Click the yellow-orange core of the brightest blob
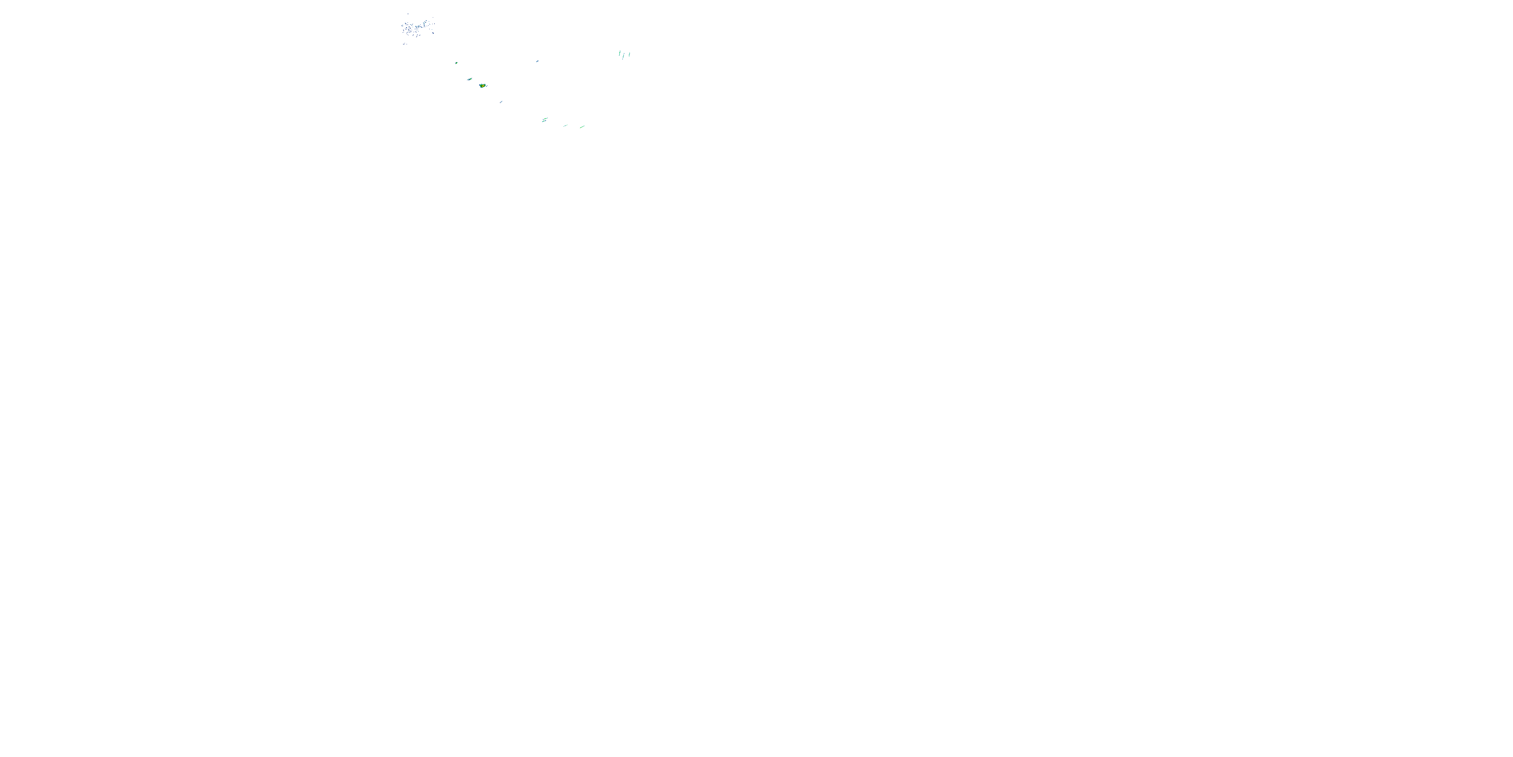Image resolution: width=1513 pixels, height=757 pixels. pos(483,86)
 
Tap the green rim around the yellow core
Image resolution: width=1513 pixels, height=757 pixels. pos(481,86)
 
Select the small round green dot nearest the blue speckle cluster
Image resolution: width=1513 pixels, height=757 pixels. pos(456,64)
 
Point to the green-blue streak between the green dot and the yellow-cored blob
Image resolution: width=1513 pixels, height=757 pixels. pos(470,79)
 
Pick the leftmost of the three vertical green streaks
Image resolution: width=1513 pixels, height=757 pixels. pos(620,53)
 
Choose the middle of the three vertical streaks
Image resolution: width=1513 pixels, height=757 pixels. pos(623,57)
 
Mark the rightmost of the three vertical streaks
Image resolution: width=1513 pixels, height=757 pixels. pos(629,55)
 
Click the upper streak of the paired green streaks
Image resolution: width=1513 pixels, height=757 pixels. pos(546,119)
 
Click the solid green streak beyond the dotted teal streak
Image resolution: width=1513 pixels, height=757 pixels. pos(582,127)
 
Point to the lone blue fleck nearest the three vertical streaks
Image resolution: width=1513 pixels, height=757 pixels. pos(538,61)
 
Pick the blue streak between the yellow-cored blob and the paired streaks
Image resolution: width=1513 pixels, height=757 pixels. pos(501,102)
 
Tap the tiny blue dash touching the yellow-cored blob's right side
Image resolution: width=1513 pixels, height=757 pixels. pos(487,86)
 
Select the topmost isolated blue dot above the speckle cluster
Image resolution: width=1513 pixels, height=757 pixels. pos(408,14)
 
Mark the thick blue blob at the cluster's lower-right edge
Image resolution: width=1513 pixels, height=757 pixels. pos(433,33)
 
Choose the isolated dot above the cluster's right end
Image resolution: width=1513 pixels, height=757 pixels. pos(433,18)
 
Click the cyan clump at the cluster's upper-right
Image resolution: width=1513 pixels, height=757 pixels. pos(426,22)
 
